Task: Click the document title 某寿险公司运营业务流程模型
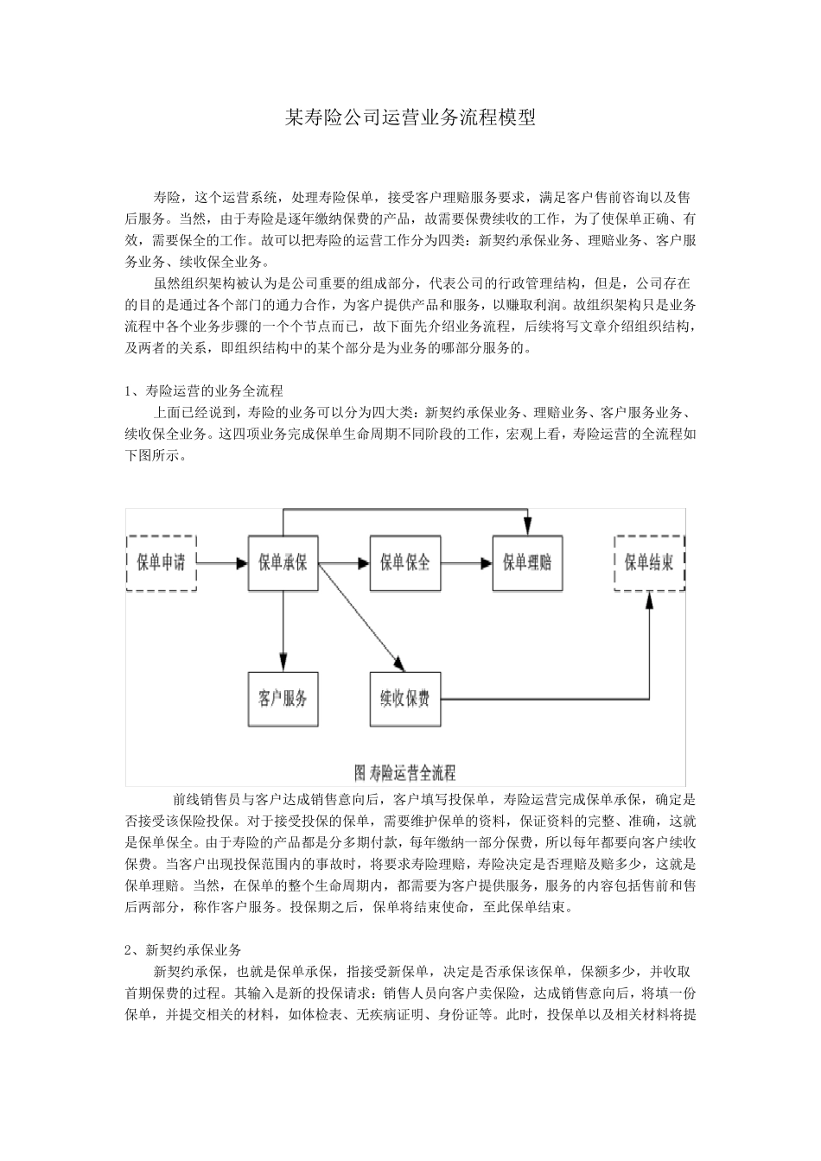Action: click(410, 118)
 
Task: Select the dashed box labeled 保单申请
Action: click(162, 562)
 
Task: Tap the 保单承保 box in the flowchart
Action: click(283, 562)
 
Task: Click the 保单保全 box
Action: click(405, 562)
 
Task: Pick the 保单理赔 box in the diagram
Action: click(527, 562)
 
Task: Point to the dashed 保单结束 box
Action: click(650, 562)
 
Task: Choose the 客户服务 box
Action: click(283, 698)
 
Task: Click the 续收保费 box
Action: click(405, 698)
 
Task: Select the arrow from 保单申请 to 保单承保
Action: click(222, 562)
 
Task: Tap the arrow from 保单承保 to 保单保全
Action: click(344, 562)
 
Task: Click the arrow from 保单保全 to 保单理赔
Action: click(466, 562)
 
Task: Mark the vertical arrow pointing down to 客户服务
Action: click(283, 631)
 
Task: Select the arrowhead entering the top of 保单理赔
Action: click(528, 526)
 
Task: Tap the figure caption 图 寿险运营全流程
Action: click(405, 771)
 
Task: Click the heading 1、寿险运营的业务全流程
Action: click(204, 390)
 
